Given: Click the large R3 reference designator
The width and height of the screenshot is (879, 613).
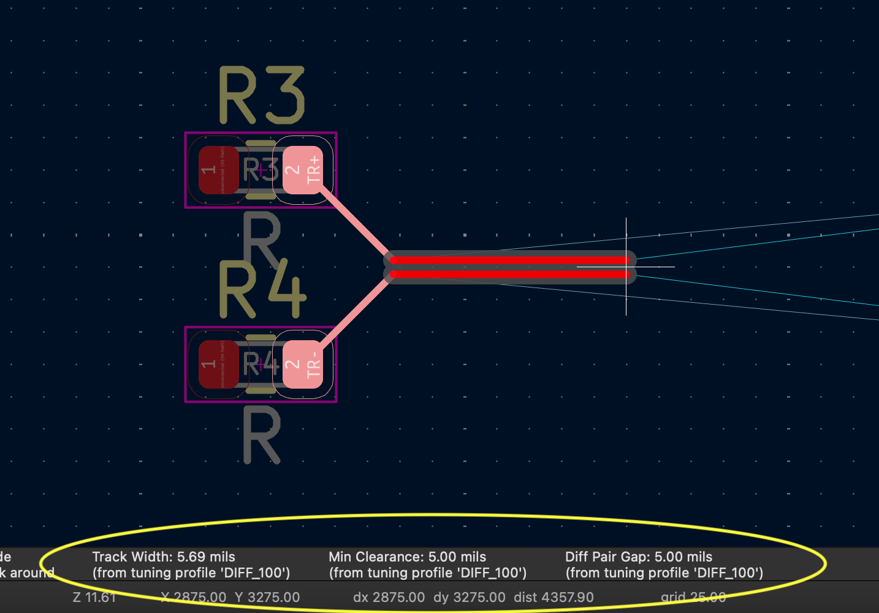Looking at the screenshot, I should pyautogui.click(x=262, y=96).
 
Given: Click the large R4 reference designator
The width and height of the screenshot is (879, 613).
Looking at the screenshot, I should pyautogui.click(x=262, y=290).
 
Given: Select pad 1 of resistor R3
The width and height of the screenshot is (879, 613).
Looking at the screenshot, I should pyautogui.click(x=218, y=170).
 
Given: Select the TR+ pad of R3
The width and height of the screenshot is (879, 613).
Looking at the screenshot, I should pyautogui.click(x=303, y=170).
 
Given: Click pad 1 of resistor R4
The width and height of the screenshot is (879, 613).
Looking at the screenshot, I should pyautogui.click(x=218, y=364).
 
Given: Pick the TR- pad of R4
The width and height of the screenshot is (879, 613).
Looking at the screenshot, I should pyautogui.click(x=303, y=364).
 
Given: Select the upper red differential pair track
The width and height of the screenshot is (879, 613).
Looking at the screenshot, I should pyautogui.click(x=509, y=260).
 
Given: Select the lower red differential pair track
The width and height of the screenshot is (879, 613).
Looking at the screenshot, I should pyautogui.click(x=509, y=274).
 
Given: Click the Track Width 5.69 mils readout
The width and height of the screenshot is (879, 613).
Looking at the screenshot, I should pyautogui.click(x=164, y=557).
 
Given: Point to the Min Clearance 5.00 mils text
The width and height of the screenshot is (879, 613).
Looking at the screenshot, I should pyautogui.click(x=407, y=557).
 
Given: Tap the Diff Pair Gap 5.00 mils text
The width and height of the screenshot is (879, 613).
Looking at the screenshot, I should pyautogui.click(x=639, y=557).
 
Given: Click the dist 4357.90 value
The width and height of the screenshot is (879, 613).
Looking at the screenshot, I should pyautogui.click(x=554, y=597).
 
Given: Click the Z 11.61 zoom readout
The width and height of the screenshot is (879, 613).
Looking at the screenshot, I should pyautogui.click(x=94, y=597).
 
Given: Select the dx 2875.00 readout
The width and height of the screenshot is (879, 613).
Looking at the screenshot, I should pyautogui.click(x=389, y=597).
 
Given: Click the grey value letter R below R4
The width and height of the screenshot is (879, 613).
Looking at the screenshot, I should pyautogui.click(x=262, y=436).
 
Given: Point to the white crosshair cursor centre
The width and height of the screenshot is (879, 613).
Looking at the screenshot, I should pyautogui.click(x=626, y=267).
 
